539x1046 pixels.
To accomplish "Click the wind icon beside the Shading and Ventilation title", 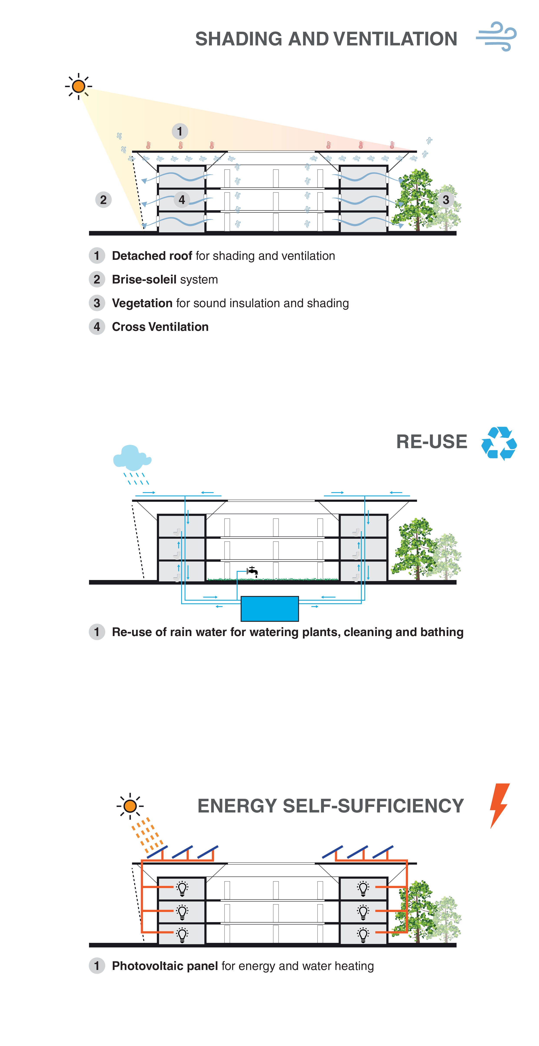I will (496, 36).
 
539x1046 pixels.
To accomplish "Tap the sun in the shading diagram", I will (78, 86).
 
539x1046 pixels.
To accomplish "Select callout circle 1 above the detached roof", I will (179, 131).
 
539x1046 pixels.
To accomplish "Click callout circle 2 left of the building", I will (103, 199).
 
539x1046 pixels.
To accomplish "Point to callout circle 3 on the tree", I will (446, 199).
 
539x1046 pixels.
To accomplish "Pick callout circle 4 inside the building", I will (182, 199).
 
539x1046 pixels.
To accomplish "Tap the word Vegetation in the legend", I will (142, 303).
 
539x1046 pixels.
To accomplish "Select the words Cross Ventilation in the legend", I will (160, 327).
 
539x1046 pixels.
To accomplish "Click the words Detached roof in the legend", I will (152, 256).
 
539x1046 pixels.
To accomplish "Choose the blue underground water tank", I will (270, 608).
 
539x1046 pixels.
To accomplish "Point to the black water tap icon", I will (253, 571).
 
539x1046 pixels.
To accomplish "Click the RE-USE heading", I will (431, 441).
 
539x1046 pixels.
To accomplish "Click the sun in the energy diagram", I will (130, 806).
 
